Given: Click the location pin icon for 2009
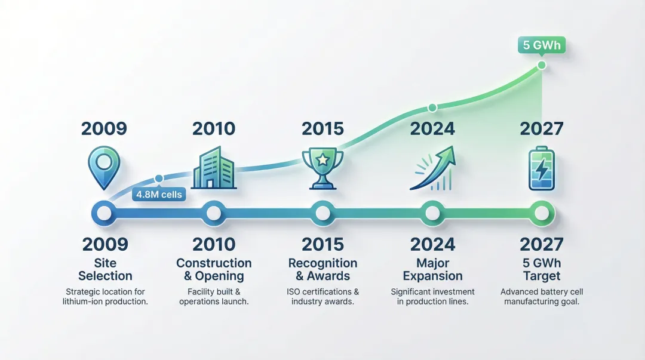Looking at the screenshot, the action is click(104, 167).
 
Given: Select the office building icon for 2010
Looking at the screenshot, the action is click(214, 167).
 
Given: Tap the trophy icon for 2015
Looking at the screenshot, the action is click(323, 168).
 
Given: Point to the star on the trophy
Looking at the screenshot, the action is click(323, 159).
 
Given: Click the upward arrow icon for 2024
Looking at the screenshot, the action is click(433, 168).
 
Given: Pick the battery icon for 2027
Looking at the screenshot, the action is click(542, 168).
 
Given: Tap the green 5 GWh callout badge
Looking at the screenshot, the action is click(542, 45).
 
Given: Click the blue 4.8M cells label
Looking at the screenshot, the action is click(159, 194).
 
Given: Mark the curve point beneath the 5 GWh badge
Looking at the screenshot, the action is click(542, 65).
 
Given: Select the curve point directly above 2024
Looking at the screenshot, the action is click(432, 108).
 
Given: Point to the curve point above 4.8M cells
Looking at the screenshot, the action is click(159, 179).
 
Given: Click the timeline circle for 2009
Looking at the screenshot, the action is click(104, 213).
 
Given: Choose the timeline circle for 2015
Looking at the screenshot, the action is click(323, 213).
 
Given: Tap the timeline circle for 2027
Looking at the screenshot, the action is click(542, 213).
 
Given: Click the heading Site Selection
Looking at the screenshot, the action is click(105, 269).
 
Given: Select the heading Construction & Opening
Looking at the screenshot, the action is click(214, 269).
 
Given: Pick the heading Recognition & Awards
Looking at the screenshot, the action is click(323, 269).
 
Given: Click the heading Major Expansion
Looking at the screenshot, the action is click(433, 269).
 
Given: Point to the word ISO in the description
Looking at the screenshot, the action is click(293, 292).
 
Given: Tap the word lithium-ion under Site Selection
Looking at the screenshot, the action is click(85, 301).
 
